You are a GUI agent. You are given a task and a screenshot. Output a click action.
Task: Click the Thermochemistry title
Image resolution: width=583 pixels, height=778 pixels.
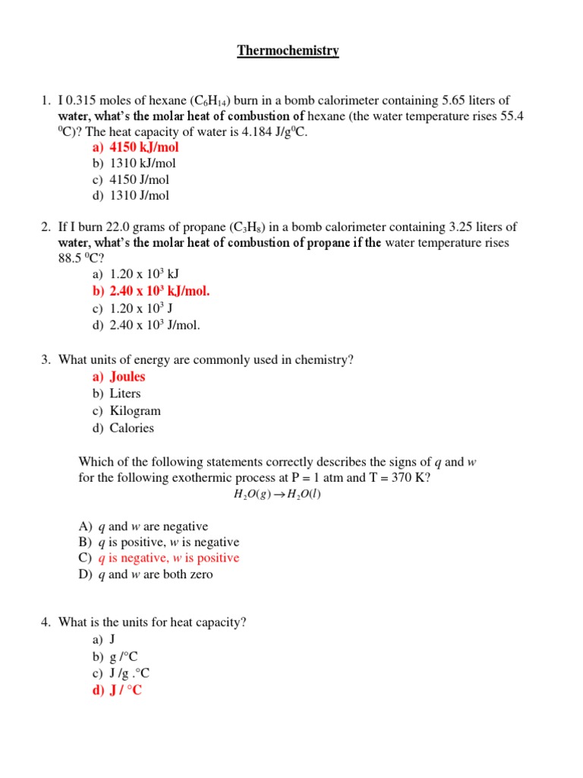[288, 51]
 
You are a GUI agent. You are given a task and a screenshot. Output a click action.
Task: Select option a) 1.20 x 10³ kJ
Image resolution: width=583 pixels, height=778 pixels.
[144, 274]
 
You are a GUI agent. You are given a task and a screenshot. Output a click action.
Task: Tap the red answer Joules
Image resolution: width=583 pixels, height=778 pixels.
[127, 377]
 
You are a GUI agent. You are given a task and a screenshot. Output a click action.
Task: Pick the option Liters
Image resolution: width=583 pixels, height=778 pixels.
[125, 394]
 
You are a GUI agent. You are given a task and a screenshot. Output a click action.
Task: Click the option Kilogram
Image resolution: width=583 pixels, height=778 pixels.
[135, 411]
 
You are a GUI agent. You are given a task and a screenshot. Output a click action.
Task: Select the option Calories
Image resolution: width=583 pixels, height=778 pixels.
[131, 428]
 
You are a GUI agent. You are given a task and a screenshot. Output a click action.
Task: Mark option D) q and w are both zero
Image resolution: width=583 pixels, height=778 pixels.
[156, 574]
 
